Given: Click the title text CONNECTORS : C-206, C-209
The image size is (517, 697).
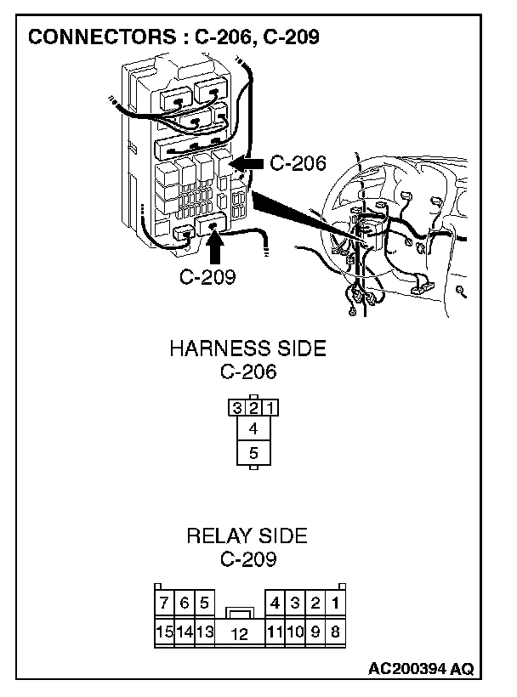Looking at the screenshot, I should tap(173, 38).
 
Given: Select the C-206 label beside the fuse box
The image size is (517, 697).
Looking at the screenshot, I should tap(298, 163).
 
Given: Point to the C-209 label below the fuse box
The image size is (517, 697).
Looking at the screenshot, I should tap(207, 276).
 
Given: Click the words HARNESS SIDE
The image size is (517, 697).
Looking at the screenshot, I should tap(247, 349).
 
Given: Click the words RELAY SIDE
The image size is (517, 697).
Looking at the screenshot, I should tap(247, 536).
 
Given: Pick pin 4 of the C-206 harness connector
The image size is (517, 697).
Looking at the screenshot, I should tap(253, 430).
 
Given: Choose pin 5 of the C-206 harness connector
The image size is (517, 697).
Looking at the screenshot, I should tap(253, 454).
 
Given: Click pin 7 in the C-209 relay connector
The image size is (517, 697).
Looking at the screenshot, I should tap(164, 603).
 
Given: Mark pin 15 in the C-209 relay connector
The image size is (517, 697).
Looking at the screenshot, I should tap(164, 632).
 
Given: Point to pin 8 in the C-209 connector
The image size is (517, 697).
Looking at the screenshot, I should tap(336, 632).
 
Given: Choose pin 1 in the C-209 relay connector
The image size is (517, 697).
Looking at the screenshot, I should tap(336, 603).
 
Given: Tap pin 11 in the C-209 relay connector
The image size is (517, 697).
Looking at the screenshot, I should tap(274, 632).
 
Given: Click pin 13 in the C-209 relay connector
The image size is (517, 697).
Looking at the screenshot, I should tap(205, 632).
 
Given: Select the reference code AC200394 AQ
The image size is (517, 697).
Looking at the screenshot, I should tap(420, 669).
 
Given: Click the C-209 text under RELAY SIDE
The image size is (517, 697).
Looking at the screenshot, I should tap(247, 559).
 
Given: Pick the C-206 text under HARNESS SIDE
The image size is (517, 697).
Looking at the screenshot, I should tap(247, 371).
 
